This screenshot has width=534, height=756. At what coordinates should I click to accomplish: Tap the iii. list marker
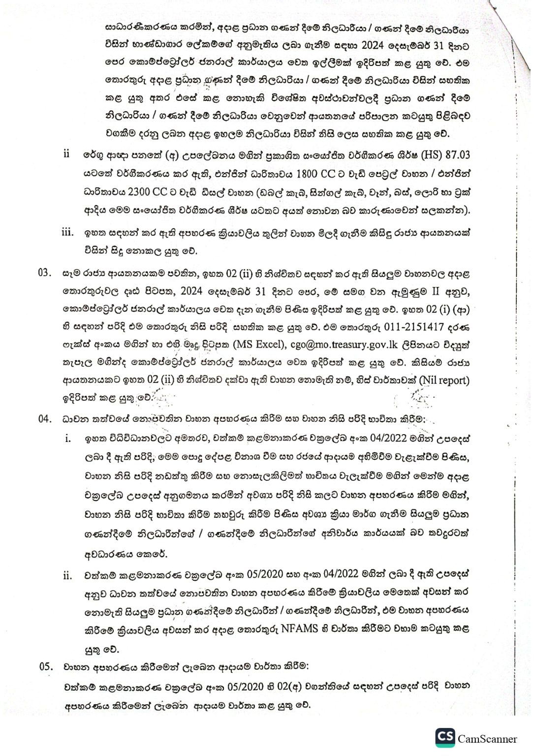click(x=67, y=232)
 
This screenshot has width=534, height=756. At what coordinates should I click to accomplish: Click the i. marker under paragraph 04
click(x=68, y=438)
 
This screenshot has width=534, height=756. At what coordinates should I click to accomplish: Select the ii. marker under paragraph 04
click(x=67, y=576)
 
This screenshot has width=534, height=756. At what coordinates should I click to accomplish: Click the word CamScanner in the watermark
click(x=487, y=738)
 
